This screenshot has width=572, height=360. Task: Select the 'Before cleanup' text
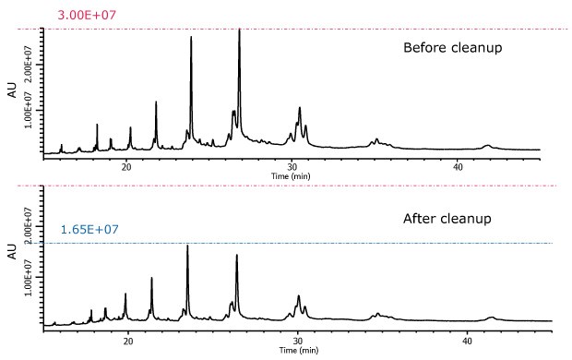[452, 47]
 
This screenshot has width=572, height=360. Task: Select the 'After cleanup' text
[447, 219]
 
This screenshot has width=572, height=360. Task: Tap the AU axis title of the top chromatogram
[11, 90]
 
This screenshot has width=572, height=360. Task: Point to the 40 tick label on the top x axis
[458, 167]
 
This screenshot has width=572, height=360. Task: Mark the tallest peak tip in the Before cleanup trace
[239, 30]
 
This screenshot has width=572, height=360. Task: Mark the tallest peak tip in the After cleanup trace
[187, 246]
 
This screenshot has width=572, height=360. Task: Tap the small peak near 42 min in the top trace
[487, 145]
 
